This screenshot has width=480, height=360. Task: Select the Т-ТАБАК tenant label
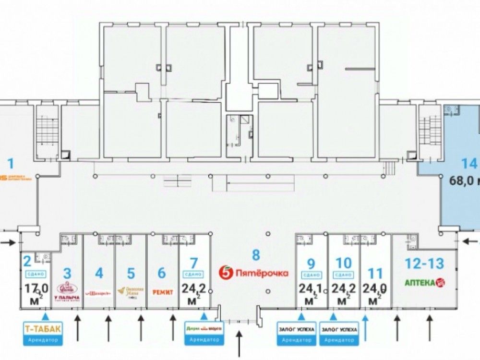click(x=43, y=329)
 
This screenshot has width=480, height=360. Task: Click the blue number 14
click(x=469, y=164)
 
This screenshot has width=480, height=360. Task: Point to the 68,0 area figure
click(x=463, y=181)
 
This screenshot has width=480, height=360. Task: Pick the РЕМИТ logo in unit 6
click(x=162, y=291)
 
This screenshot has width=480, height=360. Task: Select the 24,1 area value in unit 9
click(x=311, y=289)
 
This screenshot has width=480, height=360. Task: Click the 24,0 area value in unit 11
click(x=375, y=289)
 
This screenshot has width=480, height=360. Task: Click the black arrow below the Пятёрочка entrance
click(x=241, y=343)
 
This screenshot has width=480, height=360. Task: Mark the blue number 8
click(x=255, y=254)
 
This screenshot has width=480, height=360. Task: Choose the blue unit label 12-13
click(x=424, y=264)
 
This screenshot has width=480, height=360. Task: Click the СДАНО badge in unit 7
click(x=193, y=275)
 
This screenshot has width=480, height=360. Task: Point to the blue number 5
click(x=131, y=273)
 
